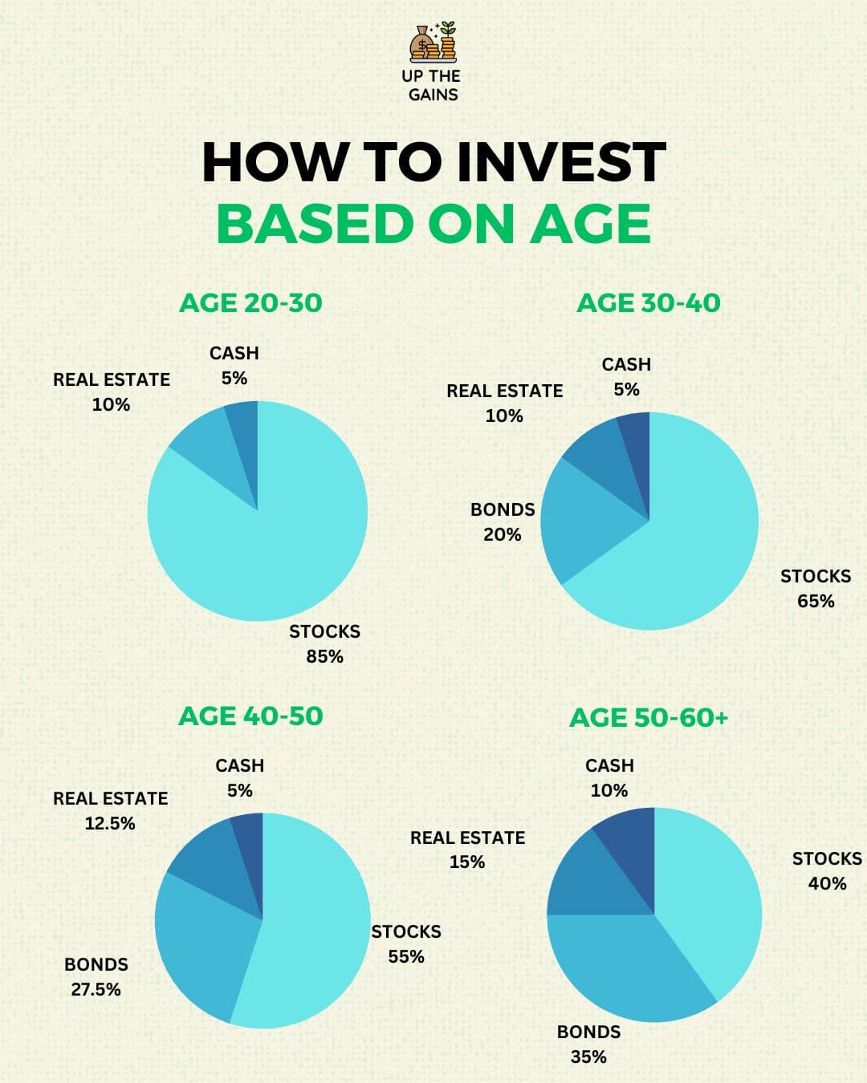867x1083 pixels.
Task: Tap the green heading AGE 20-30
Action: click(x=250, y=303)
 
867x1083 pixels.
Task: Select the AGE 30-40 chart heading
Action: click(x=649, y=303)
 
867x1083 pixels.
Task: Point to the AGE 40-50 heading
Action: click(x=250, y=716)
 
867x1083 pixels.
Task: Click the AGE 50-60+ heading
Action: click(x=649, y=717)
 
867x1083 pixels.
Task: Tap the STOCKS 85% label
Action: click(x=324, y=643)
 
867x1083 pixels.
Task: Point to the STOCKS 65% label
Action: click(x=816, y=588)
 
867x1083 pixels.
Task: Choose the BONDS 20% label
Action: click(x=503, y=521)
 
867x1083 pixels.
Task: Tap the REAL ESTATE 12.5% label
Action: click(x=111, y=810)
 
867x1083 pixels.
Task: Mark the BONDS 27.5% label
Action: click(x=96, y=976)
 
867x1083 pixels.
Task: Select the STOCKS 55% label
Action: click(x=406, y=943)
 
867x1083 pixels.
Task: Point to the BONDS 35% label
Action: click(x=588, y=1044)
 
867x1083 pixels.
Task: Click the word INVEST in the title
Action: click(x=561, y=162)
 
